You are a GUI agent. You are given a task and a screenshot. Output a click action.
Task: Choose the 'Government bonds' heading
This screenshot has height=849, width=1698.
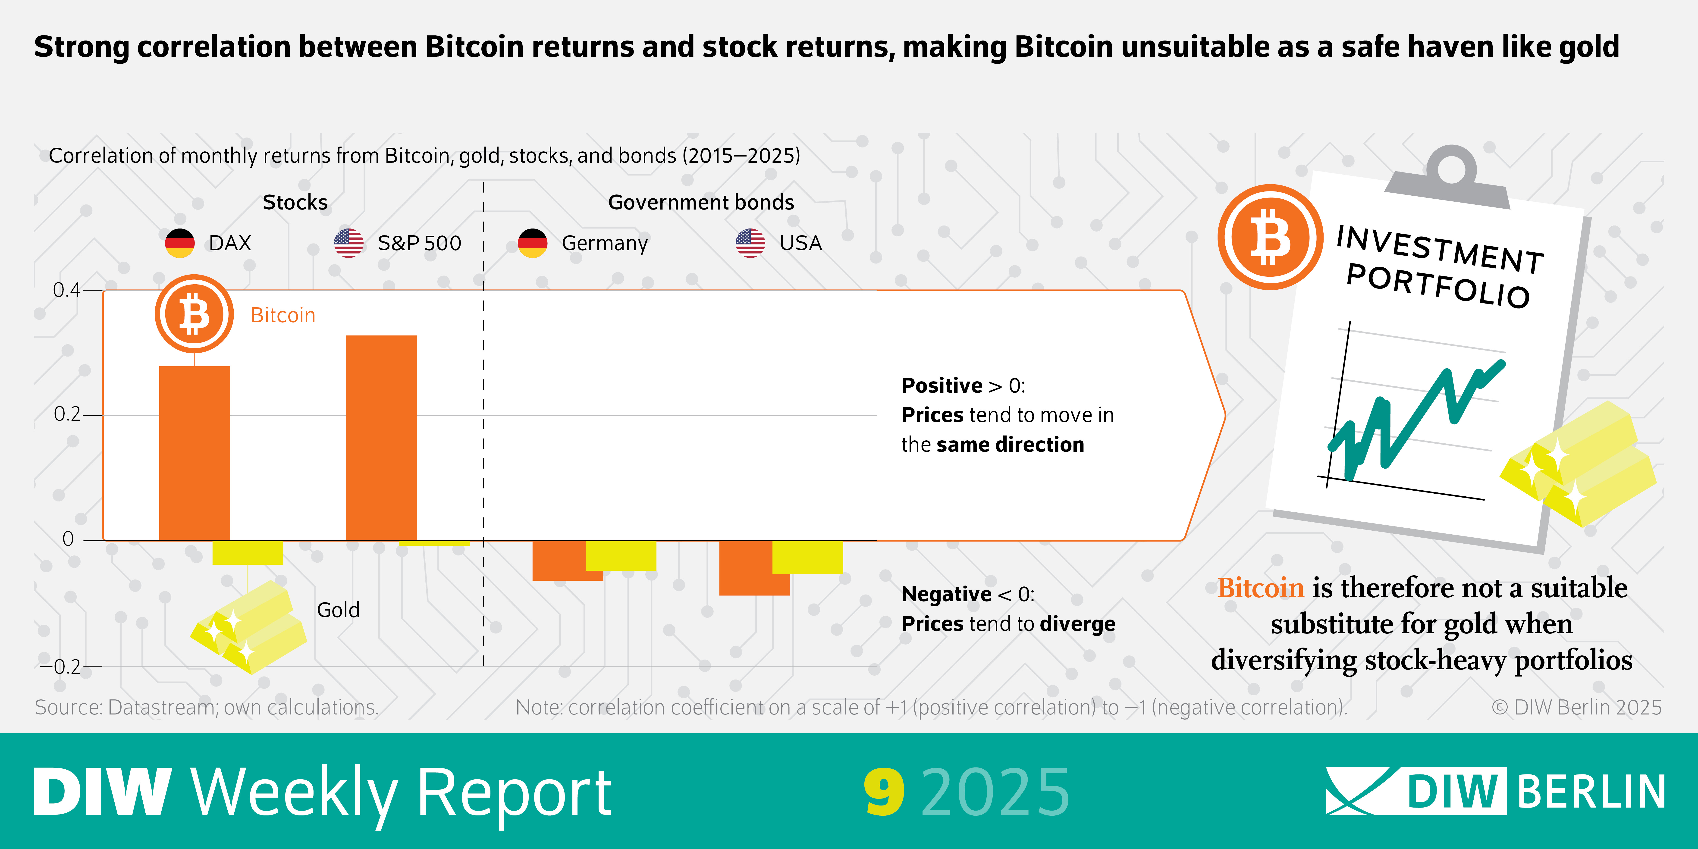click(x=701, y=202)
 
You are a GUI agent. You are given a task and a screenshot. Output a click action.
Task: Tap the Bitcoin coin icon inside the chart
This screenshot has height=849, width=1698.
click(x=194, y=314)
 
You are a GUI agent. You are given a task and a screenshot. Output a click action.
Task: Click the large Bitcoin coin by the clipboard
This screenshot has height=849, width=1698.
click(x=1270, y=237)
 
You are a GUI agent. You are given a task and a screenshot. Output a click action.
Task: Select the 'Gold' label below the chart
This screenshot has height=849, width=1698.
click(x=338, y=610)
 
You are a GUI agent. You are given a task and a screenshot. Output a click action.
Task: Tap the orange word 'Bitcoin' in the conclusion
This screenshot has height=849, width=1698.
click(x=1260, y=587)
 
